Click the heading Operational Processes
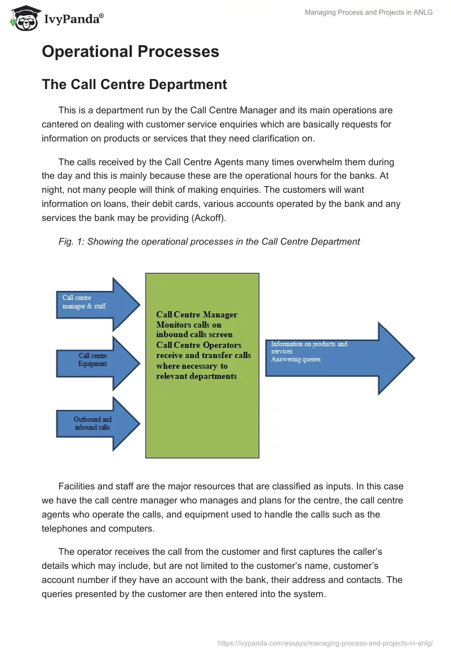coord(130,51)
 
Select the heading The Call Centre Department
coord(134,85)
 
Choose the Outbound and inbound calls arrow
coord(96,423)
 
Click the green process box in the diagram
coord(202,417)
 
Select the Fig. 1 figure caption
coord(209,241)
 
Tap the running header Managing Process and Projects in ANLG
coord(369,12)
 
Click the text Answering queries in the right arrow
coord(295,359)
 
